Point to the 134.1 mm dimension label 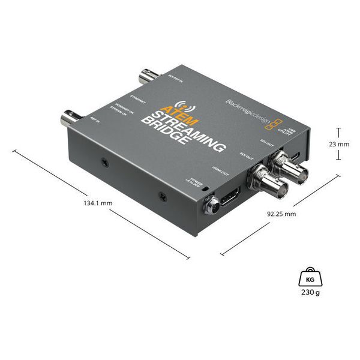[98, 203]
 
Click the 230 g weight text [310, 293]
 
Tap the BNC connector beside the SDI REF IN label [148, 77]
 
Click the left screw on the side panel [105, 163]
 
